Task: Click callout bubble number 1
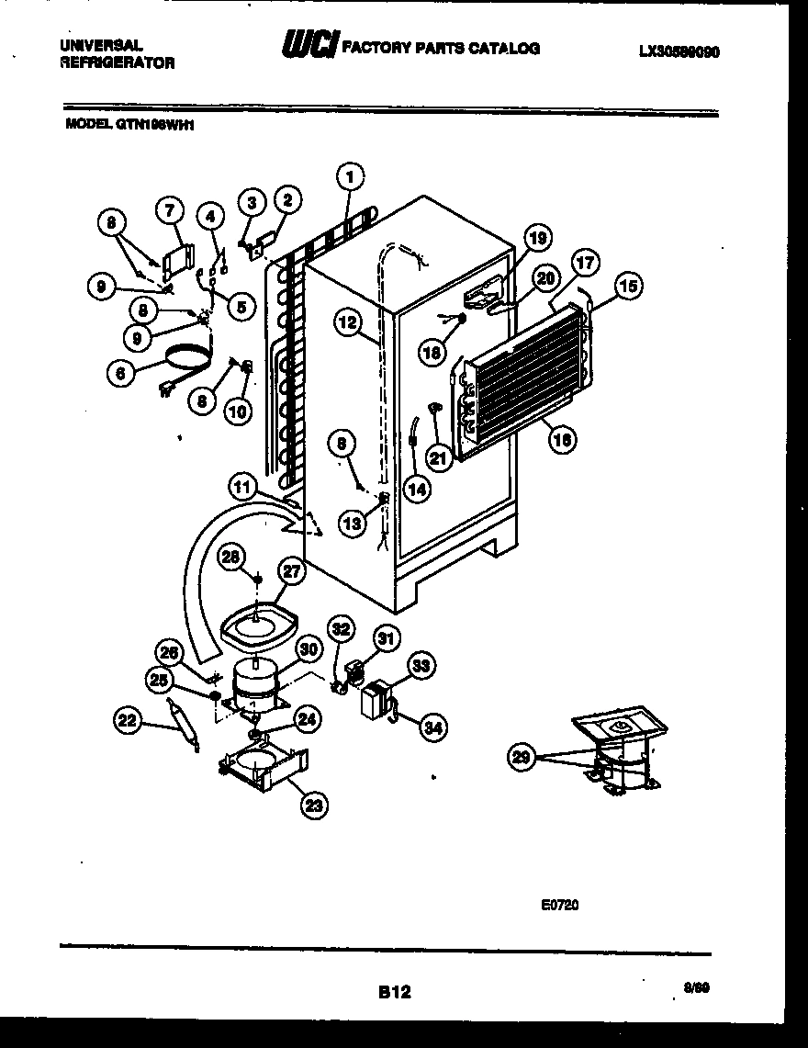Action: (x=350, y=175)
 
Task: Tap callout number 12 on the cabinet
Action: (x=345, y=321)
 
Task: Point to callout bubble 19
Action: (x=537, y=239)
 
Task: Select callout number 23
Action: (x=315, y=806)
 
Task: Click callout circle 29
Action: (x=522, y=757)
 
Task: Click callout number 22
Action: (x=128, y=722)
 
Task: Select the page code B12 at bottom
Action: (x=394, y=991)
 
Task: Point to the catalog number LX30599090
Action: (x=679, y=52)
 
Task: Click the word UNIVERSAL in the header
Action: (x=102, y=44)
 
